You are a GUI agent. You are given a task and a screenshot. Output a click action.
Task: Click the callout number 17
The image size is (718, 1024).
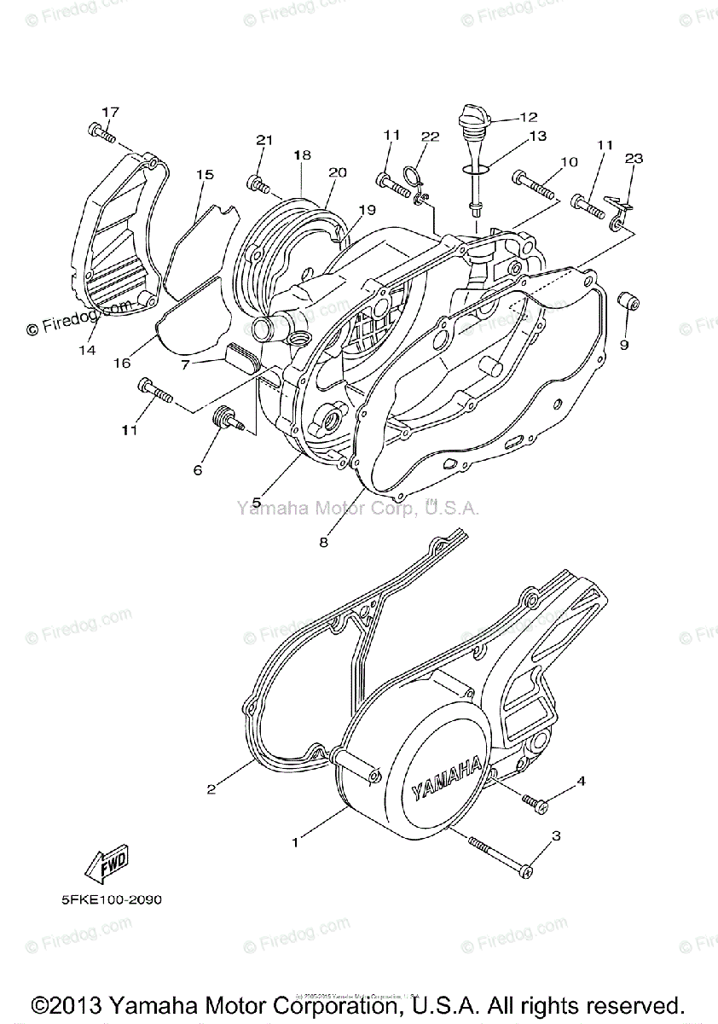[111, 112]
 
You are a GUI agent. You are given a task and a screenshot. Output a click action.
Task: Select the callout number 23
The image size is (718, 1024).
[633, 159]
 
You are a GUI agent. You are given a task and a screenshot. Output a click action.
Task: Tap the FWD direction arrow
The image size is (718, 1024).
[106, 866]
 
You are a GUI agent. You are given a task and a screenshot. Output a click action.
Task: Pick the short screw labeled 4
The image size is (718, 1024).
[533, 800]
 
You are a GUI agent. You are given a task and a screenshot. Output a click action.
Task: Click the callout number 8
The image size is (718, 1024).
[324, 541]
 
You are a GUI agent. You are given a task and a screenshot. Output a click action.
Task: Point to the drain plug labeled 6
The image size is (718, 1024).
[228, 419]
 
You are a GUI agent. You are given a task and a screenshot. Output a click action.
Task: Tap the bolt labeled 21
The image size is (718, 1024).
[258, 183]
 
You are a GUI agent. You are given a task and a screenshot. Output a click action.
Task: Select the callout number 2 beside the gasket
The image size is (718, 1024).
[211, 789]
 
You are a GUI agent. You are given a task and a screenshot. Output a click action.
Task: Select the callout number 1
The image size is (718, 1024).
[295, 842]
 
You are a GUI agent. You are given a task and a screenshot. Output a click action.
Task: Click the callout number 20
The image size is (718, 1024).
[338, 172]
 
